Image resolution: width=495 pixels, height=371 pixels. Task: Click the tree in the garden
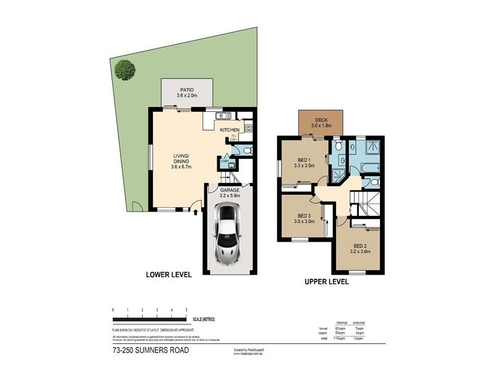[126, 69]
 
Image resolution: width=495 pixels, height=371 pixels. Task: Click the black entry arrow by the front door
[196, 212]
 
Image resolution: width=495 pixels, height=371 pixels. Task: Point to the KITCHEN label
[230, 130]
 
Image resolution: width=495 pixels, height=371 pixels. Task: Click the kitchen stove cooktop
[249, 128]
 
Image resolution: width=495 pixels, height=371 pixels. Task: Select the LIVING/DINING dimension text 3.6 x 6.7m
[181, 166]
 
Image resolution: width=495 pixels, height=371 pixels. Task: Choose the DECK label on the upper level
[321, 120]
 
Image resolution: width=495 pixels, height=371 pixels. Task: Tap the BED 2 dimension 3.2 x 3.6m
[359, 252]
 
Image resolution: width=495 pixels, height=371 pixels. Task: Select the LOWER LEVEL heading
[168, 274]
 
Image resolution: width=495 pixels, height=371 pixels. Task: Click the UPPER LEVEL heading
[326, 281]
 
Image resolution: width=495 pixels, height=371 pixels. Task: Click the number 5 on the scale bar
[187, 309]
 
